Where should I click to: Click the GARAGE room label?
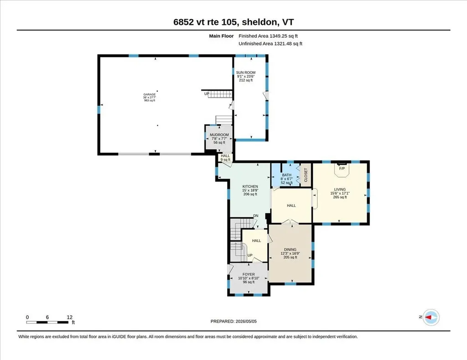pyautogui.click(x=150, y=95)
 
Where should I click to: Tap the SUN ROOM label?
pyautogui.click(x=246, y=72)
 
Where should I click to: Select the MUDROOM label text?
pyautogui.click(x=219, y=135)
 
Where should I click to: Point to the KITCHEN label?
pyautogui.click(x=250, y=186)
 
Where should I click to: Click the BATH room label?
pyautogui.click(x=287, y=175)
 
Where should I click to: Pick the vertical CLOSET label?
pyautogui.click(x=306, y=175)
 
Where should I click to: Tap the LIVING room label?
pyautogui.click(x=340, y=190)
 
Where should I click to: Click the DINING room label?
pyautogui.click(x=290, y=250)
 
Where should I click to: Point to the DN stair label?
pyautogui.click(x=256, y=216)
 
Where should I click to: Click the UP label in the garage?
pyautogui.click(x=207, y=94)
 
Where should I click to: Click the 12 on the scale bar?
pyautogui.click(x=70, y=317)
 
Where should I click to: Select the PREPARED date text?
pyautogui.click(x=233, y=321)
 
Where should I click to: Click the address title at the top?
pyautogui.click(x=233, y=22)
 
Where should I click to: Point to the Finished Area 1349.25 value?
pyautogui.click(x=268, y=36)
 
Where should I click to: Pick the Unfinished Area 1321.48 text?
pyautogui.click(x=270, y=44)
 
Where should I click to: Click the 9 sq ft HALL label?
pyautogui.click(x=225, y=158)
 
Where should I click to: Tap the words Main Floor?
pyautogui.click(x=221, y=36)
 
